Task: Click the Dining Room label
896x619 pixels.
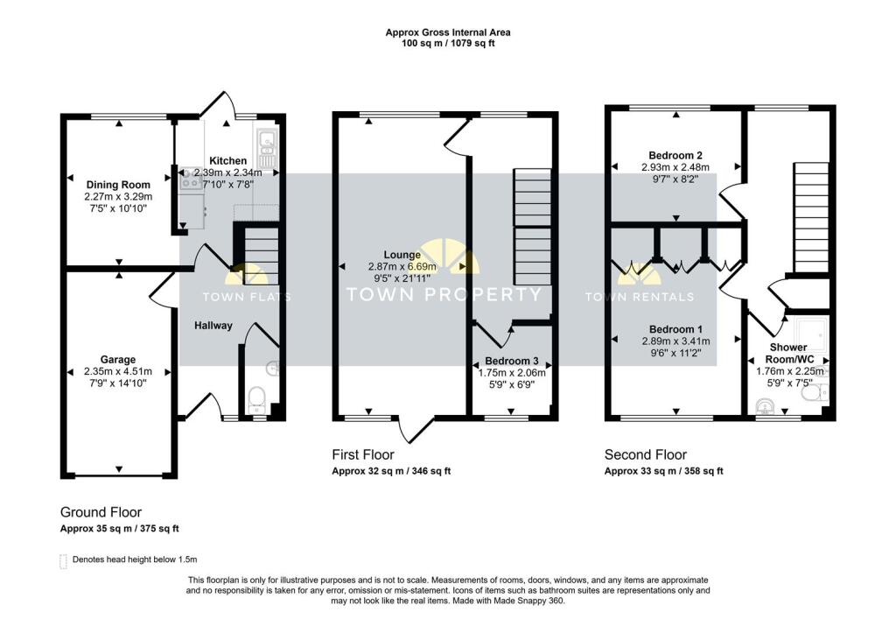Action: click(118, 185)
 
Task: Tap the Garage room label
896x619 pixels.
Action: click(118, 360)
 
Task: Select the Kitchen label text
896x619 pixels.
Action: click(228, 160)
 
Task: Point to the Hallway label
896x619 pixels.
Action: click(213, 325)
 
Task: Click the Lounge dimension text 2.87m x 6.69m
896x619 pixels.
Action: click(402, 266)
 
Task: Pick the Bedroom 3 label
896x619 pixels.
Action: click(511, 361)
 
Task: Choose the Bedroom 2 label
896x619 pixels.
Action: click(675, 155)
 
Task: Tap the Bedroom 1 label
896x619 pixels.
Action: click(676, 329)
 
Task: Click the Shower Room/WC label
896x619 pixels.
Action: click(788, 353)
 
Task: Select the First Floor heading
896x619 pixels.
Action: click(363, 454)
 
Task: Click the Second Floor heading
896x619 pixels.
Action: click(646, 454)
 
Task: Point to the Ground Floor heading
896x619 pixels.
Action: click(101, 512)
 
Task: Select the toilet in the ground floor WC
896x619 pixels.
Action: click(256, 399)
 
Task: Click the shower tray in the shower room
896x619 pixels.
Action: click(807, 334)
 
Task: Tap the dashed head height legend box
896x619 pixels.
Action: click(63, 561)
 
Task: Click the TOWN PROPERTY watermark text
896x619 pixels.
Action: click(444, 294)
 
